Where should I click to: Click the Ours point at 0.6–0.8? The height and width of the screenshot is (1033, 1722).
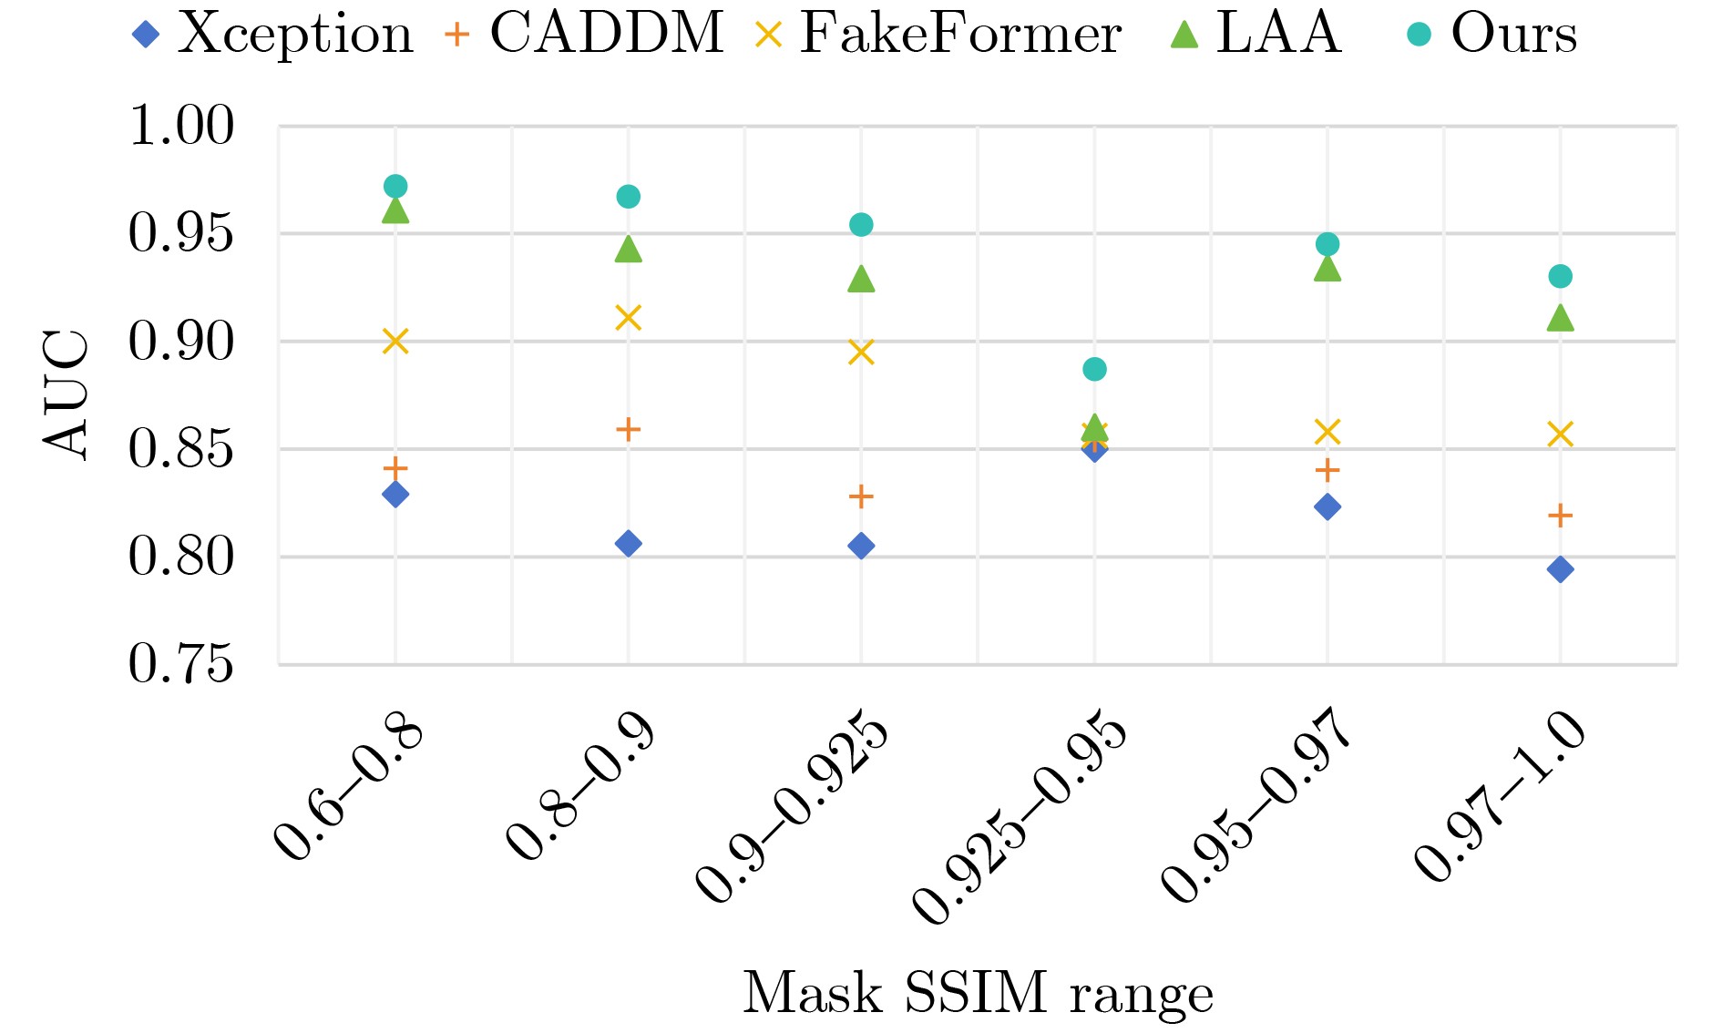tap(395, 187)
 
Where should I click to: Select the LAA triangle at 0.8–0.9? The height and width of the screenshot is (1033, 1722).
tap(629, 249)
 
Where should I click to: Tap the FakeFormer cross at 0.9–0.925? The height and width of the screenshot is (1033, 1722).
tap(861, 352)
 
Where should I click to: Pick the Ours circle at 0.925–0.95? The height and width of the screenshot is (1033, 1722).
tap(1094, 369)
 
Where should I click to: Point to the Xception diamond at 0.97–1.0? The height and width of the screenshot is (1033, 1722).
tap(1560, 569)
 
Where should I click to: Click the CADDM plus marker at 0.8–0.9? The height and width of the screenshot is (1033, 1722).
tap(629, 429)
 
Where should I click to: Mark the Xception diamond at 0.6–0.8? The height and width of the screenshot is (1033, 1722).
tap(395, 495)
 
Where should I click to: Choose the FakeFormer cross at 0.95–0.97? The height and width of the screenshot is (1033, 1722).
tap(1327, 432)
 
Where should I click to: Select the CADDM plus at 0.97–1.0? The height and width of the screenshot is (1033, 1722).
tap(1560, 516)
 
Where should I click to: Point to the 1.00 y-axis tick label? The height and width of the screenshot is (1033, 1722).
tap(181, 126)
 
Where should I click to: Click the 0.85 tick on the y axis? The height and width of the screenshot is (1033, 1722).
tap(181, 449)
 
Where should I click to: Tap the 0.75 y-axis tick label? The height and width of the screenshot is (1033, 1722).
tap(181, 664)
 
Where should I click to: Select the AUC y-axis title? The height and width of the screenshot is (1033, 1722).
tap(67, 394)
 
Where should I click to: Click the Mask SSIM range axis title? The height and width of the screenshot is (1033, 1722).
tap(978, 993)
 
